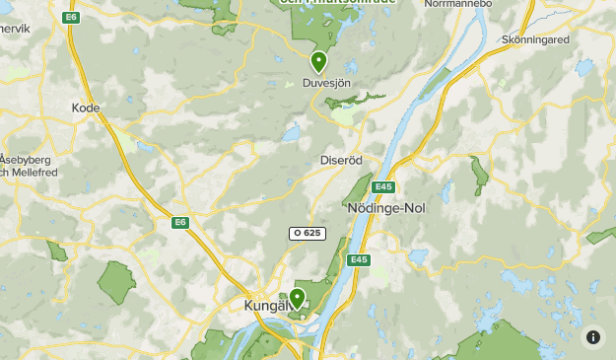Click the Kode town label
[x=87, y=108]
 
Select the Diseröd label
[x=341, y=160]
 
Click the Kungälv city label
[x=264, y=307]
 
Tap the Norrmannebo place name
[x=457, y=4]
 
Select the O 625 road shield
[x=308, y=234]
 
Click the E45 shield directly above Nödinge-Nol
[x=384, y=187]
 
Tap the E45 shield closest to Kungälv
[x=358, y=259]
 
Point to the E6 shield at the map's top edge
[x=70, y=18]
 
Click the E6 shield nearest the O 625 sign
[x=179, y=222]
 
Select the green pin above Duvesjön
[x=318, y=62]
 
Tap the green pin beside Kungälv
[x=297, y=298]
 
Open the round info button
[x=592, y=336]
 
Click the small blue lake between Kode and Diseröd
[x=291, y=131]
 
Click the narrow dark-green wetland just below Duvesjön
[x=360, y=98]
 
